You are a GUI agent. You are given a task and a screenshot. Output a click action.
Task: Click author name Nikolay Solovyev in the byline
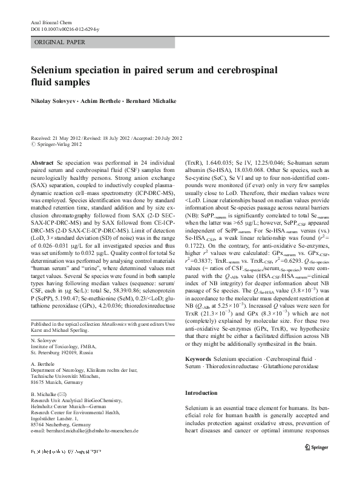[54, 101]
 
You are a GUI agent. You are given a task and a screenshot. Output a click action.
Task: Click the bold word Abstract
[42, 164]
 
